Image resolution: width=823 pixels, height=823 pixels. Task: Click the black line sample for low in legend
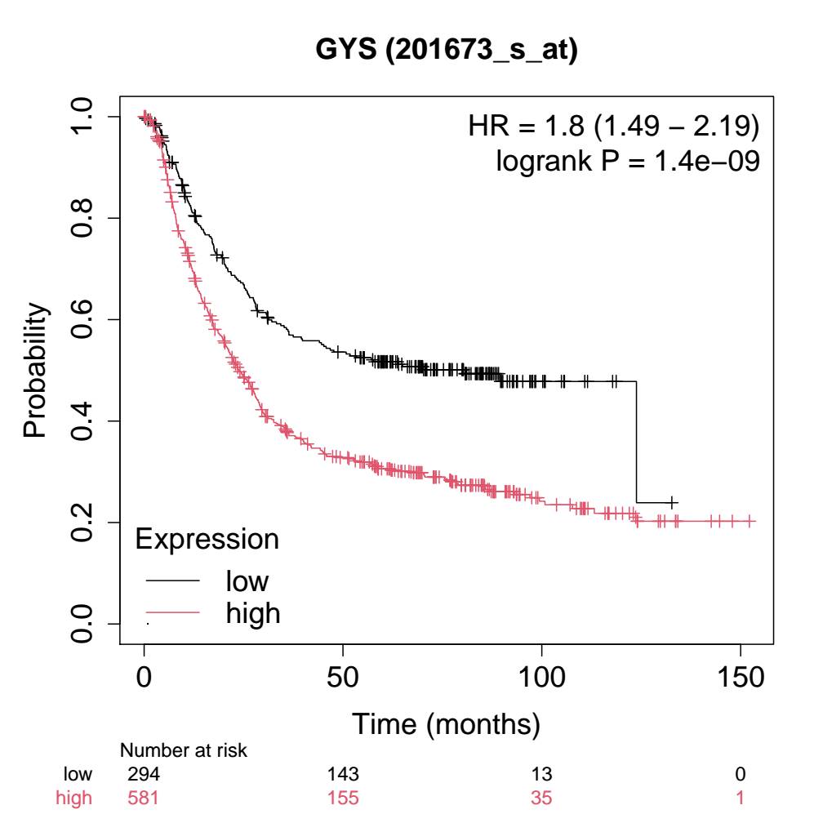tap(172, 581)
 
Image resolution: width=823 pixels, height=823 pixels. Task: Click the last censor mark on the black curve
tap(672, 502)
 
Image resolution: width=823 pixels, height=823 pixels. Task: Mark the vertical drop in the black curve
tap(636, 442)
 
